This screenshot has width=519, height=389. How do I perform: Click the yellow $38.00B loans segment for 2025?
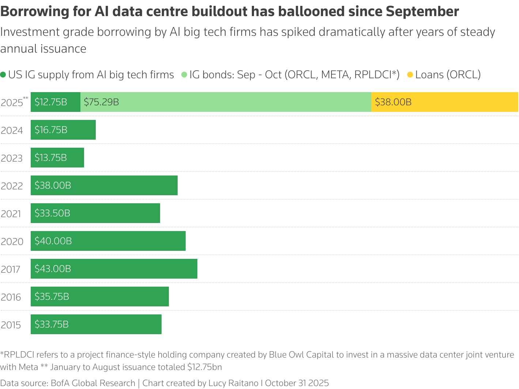(444, 102)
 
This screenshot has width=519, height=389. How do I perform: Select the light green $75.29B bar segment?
(226, 102)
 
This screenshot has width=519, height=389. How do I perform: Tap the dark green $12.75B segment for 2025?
(56, 102)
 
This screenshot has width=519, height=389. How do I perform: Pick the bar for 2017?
(114, 269)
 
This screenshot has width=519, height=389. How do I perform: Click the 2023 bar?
(57, 158)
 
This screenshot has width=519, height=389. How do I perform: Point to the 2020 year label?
(12, 241)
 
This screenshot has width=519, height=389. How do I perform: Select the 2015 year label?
(11, 325)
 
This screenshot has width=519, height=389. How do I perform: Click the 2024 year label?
(12, 130)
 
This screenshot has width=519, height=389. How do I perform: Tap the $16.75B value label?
(51, 130)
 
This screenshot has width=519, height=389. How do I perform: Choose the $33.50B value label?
(52, 213)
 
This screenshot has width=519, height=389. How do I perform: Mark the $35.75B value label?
(52, 297)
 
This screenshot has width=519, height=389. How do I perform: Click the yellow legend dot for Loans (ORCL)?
(410, 75)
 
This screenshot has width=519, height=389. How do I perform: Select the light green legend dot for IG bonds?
(184, 75)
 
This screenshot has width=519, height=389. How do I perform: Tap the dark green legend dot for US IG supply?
(3, 75)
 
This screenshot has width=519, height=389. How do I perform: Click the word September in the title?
(422, 12)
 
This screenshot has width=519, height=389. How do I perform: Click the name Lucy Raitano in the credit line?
(233, 383)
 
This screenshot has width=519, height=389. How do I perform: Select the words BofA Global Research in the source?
(93, 383)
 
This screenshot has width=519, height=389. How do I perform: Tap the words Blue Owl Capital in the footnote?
(301, 355)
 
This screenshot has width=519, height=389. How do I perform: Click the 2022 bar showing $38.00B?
(104, 185)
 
